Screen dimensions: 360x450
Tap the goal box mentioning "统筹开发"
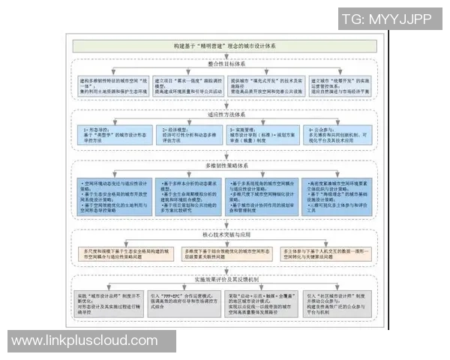(x=341, y=88)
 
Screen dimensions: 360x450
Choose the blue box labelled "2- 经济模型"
(x=190, y=135)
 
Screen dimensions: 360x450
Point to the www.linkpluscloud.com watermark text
(x=90, y=341)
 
